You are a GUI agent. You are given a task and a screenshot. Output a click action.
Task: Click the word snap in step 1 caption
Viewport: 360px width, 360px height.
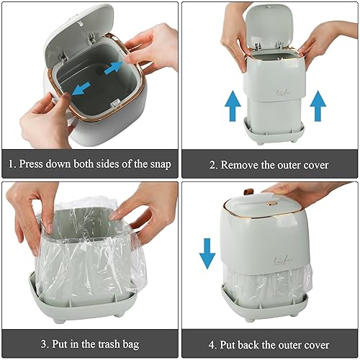(x=158, y=164)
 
